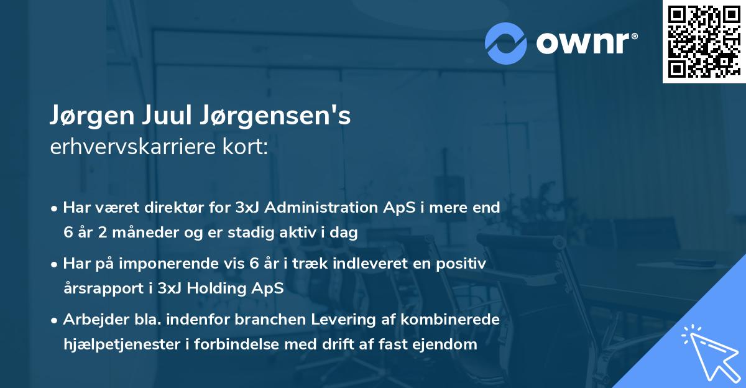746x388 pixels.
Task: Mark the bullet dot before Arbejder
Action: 55,320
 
